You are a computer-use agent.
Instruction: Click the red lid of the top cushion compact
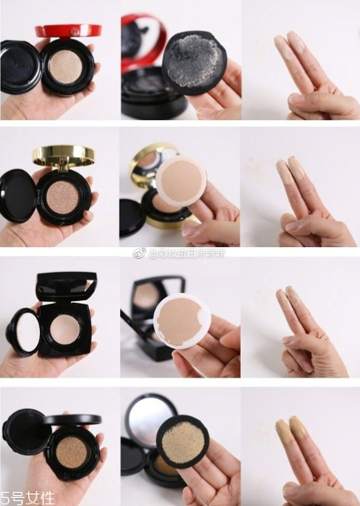click(x=68, y=31)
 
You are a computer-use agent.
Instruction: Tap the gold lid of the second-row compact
click(x=63, y=155)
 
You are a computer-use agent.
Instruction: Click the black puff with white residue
click(x=194, y=61)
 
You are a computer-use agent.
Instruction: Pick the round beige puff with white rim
click(x=181, y=182)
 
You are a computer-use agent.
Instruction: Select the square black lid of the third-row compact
click(x=66, y=287)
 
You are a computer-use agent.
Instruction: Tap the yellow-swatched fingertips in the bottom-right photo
click(x=291, y=431)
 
